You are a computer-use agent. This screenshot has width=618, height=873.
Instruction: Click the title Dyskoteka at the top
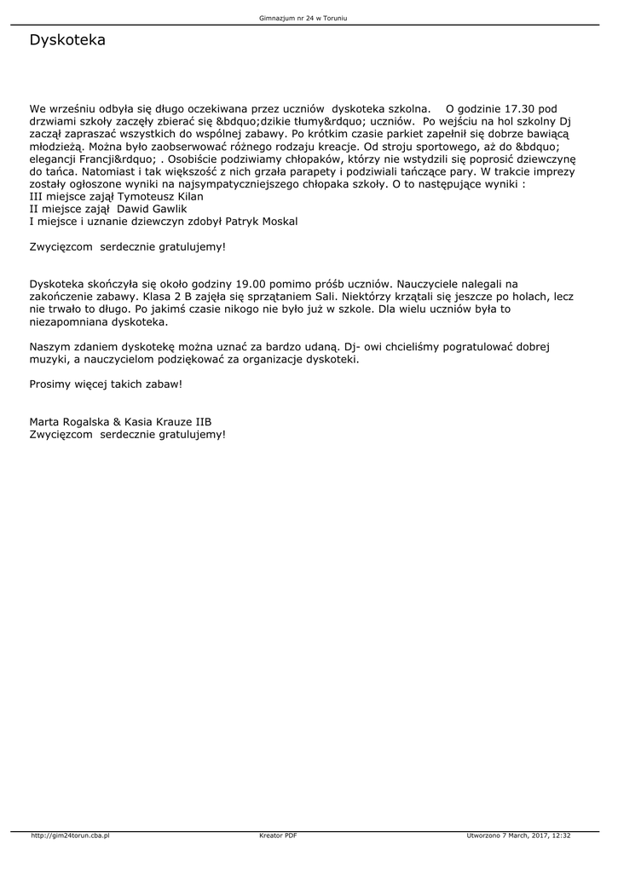67,40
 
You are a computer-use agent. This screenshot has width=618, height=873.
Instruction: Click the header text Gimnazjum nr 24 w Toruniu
309,17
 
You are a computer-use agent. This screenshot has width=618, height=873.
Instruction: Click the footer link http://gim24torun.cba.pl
71,835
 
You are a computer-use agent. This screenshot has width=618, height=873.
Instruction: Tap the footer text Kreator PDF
278,835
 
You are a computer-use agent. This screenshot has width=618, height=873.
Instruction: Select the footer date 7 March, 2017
520,835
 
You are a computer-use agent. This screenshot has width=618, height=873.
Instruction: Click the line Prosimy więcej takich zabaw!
106,384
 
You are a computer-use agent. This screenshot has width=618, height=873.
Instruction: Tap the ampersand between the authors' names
118,422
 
